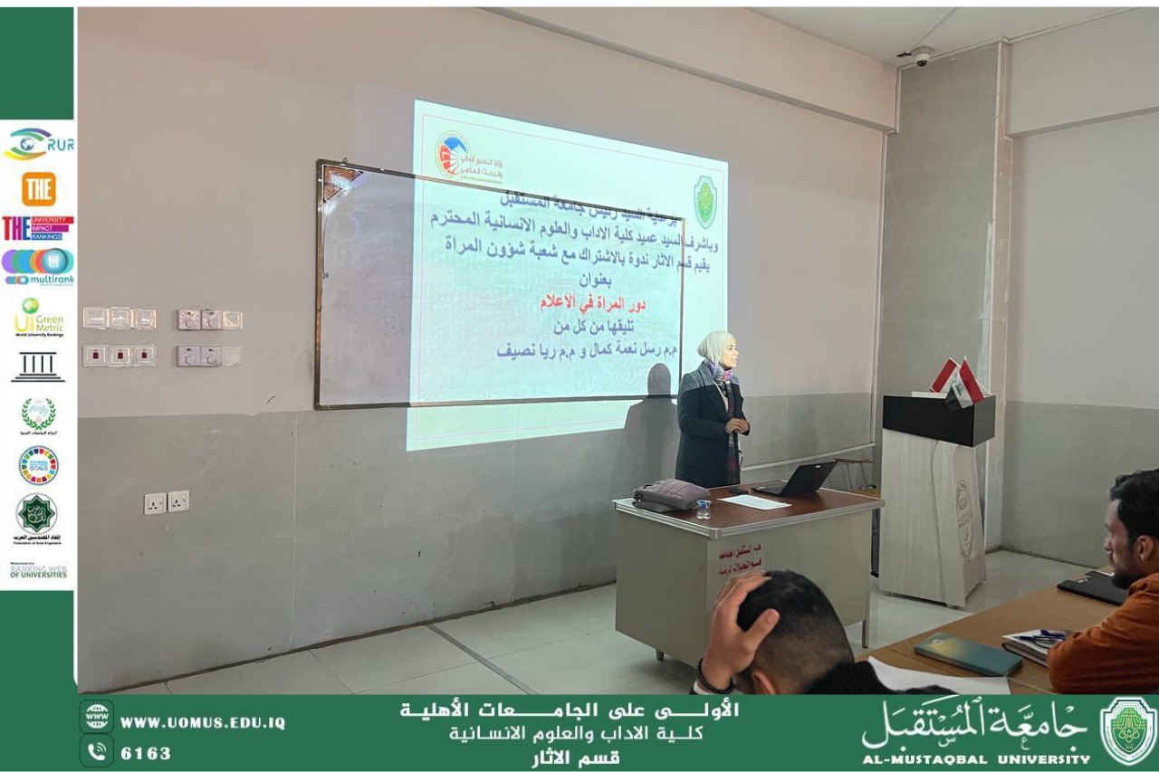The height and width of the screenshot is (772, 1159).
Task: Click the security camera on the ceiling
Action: click(920, 56)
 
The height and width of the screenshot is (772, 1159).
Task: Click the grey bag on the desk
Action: click(670, 494)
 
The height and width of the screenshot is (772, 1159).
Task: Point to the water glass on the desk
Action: click(703, 509)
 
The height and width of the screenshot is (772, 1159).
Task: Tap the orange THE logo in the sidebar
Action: click(38, 188)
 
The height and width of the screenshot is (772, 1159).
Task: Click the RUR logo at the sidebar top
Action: click(38, 143)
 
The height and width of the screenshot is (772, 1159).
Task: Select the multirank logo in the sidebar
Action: click(38, 267)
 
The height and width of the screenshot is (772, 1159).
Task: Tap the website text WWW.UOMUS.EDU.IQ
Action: click(202, 723)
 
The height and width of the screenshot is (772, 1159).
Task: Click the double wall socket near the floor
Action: click(167, 502)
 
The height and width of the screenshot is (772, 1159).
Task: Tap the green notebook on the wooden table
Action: click(967, 654)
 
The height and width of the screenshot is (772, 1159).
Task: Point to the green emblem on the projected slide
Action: click(704, 201)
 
